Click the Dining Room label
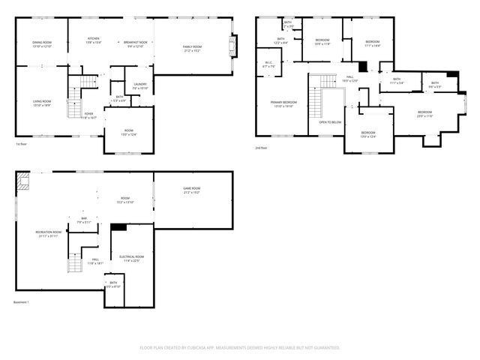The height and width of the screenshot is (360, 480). click(x=41, y=44)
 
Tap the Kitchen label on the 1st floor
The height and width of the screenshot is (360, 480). click(x=94, y=40)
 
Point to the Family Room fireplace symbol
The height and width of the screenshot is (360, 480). click(x=234, y=46)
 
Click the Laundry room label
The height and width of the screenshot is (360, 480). click(x=140, y=86)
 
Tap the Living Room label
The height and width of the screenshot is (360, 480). click(x=41, y=103)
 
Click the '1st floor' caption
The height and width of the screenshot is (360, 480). click(x=22, y=143)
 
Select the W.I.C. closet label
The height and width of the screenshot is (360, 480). click(x=268, y=64)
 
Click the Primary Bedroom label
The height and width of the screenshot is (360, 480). click(x=284, y=103)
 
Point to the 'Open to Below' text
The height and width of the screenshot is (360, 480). click(x=330, y=121)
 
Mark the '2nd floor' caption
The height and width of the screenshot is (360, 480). click(x=261, y=148)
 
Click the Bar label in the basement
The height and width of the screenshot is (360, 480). click(x=84, y=220)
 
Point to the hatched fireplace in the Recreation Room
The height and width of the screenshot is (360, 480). click(x=24, y=180)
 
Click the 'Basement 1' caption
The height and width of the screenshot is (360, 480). click(x=21, y=302)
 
